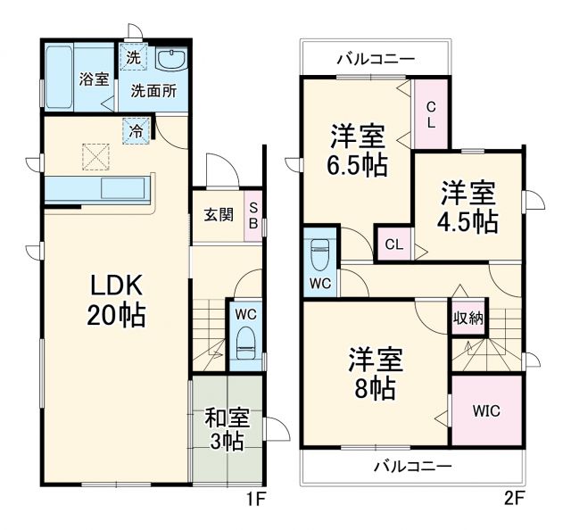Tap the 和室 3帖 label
tap(227, 429)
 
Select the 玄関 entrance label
tap(218, 214)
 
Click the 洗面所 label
tap(153, 90)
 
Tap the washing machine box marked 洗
tap(133, 58)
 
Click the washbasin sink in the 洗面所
tap(170, 60)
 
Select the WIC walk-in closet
tap(486, 411)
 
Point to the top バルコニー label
tap(375, 60)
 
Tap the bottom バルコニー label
tap(412, 465)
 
